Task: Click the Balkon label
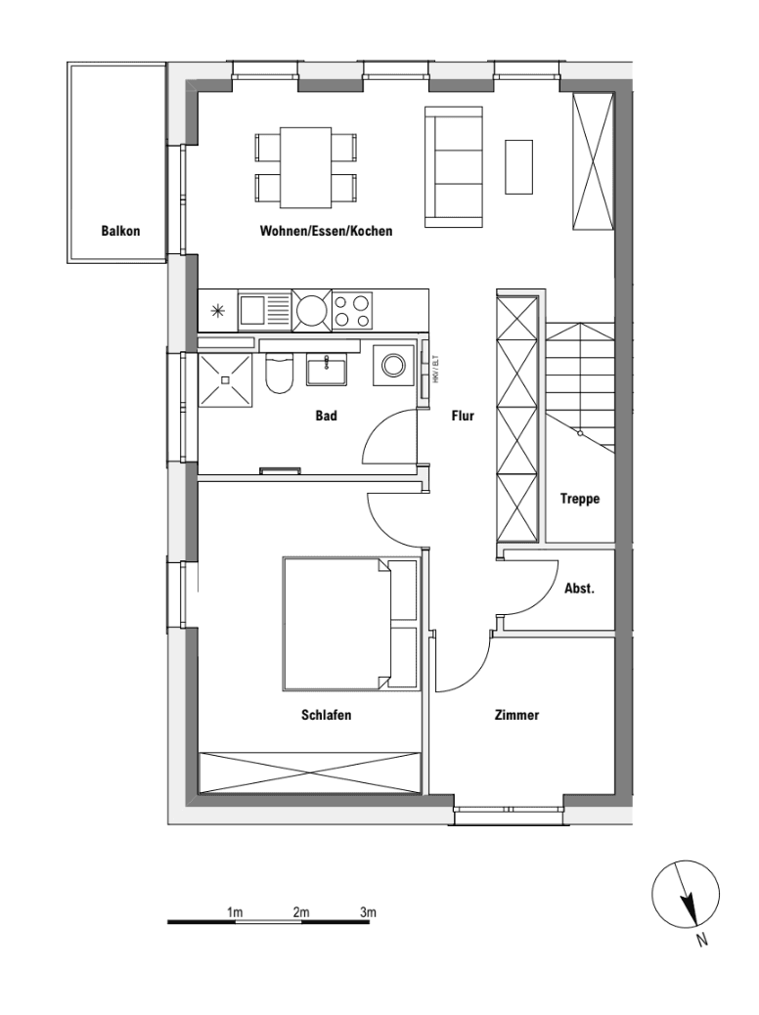(120, 232)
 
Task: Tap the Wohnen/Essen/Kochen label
(326, 232)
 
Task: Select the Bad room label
(326, 417)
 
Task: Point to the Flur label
(463, 417)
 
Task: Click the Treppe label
(579, 499)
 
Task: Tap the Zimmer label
(516, 716)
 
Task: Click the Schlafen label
(326, 716)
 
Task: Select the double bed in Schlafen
(337, 623)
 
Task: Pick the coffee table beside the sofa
(518, 166)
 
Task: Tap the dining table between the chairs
(304, 167)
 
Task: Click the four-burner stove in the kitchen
(352, 312)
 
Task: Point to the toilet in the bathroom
(279, 372)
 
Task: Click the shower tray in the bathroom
(226, 379)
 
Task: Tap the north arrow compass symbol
(687, 895)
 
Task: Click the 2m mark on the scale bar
(300, 913)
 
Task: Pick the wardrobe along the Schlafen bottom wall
(309, 772)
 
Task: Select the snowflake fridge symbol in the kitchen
(216, 313)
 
